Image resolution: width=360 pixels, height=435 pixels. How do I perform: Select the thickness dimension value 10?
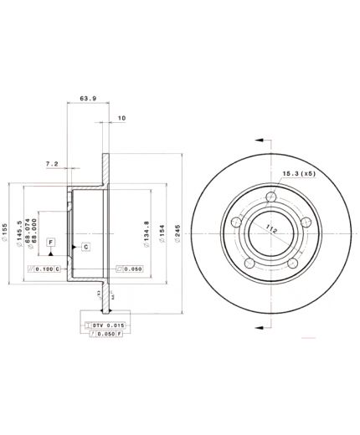point(121,119)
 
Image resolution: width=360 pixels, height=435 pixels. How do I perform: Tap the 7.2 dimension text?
point(51,165)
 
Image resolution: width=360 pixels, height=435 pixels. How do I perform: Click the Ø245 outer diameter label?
point(177,230)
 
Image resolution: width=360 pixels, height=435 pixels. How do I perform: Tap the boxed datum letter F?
point(51,243)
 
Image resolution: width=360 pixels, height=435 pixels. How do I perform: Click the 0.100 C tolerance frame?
point(44,269)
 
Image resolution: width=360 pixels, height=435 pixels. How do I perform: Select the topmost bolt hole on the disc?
point(269,197)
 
